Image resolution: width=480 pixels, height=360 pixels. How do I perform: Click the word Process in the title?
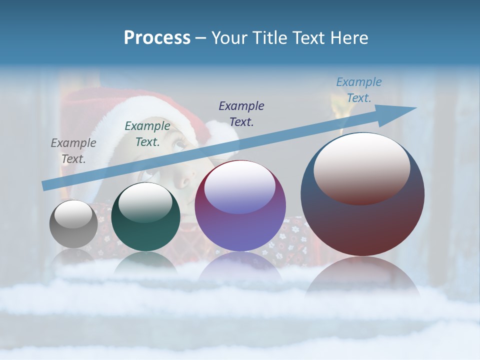click(x=157, y=38)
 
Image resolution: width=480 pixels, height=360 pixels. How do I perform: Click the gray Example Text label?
click(x=73, y=150)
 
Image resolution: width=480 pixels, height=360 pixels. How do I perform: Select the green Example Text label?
click(x=147, y=133)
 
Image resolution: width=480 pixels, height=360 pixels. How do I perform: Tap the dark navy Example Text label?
click(x=241, y=113)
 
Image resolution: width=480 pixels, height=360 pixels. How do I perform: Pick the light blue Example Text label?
click(x=358, y=90)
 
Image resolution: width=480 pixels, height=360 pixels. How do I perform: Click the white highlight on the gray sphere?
click(x=73, y=214)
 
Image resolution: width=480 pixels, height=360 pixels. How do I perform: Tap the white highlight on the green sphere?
click(x=145, y=200)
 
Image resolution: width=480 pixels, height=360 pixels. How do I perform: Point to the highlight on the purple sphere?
click(x=240, y=187)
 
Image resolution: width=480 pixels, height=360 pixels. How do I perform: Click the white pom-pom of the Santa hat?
click(x=222, y=135)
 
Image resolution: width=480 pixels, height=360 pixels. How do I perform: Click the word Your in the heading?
click(x=226, y=38)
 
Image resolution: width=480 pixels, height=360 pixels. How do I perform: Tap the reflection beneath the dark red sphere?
click(x=362, y=277)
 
